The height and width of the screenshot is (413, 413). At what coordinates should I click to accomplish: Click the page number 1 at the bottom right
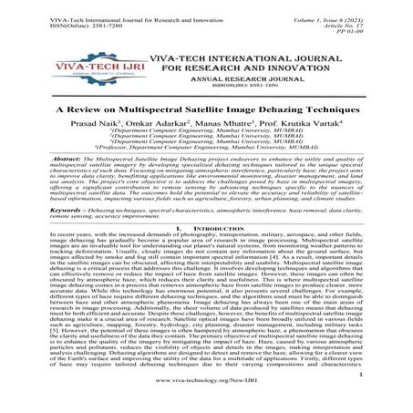coord(386,395)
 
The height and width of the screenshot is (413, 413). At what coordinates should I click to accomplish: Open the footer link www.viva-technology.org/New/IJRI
coord(206,402)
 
